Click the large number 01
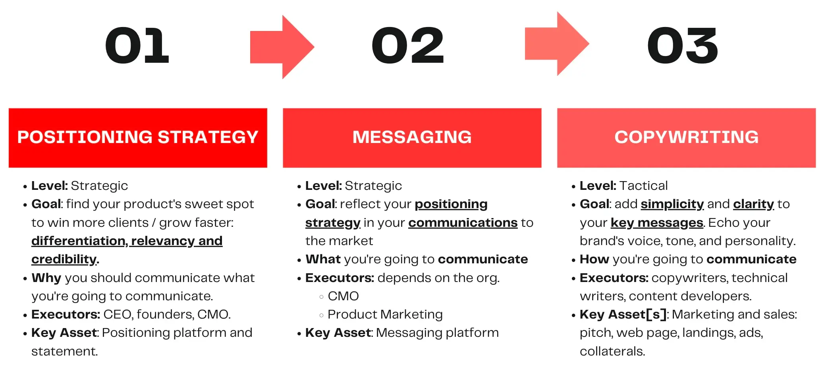[137, 46]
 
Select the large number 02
[407, 46]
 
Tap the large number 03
[682, 46]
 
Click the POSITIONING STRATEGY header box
[138, 137]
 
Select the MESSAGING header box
[412, 137]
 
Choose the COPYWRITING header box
[686, 137]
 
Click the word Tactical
[643, 185]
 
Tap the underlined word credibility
[64, 259]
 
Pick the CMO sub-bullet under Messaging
[343, 296]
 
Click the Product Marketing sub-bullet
[385, 314]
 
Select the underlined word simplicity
[672, 204]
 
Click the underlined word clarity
[753, 204]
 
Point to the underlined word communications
[463, 222]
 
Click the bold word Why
[46, 278]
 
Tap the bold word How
[594, 259]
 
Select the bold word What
[323, 259]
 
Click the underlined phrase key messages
[656, 222]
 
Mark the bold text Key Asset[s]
[623, 314]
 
